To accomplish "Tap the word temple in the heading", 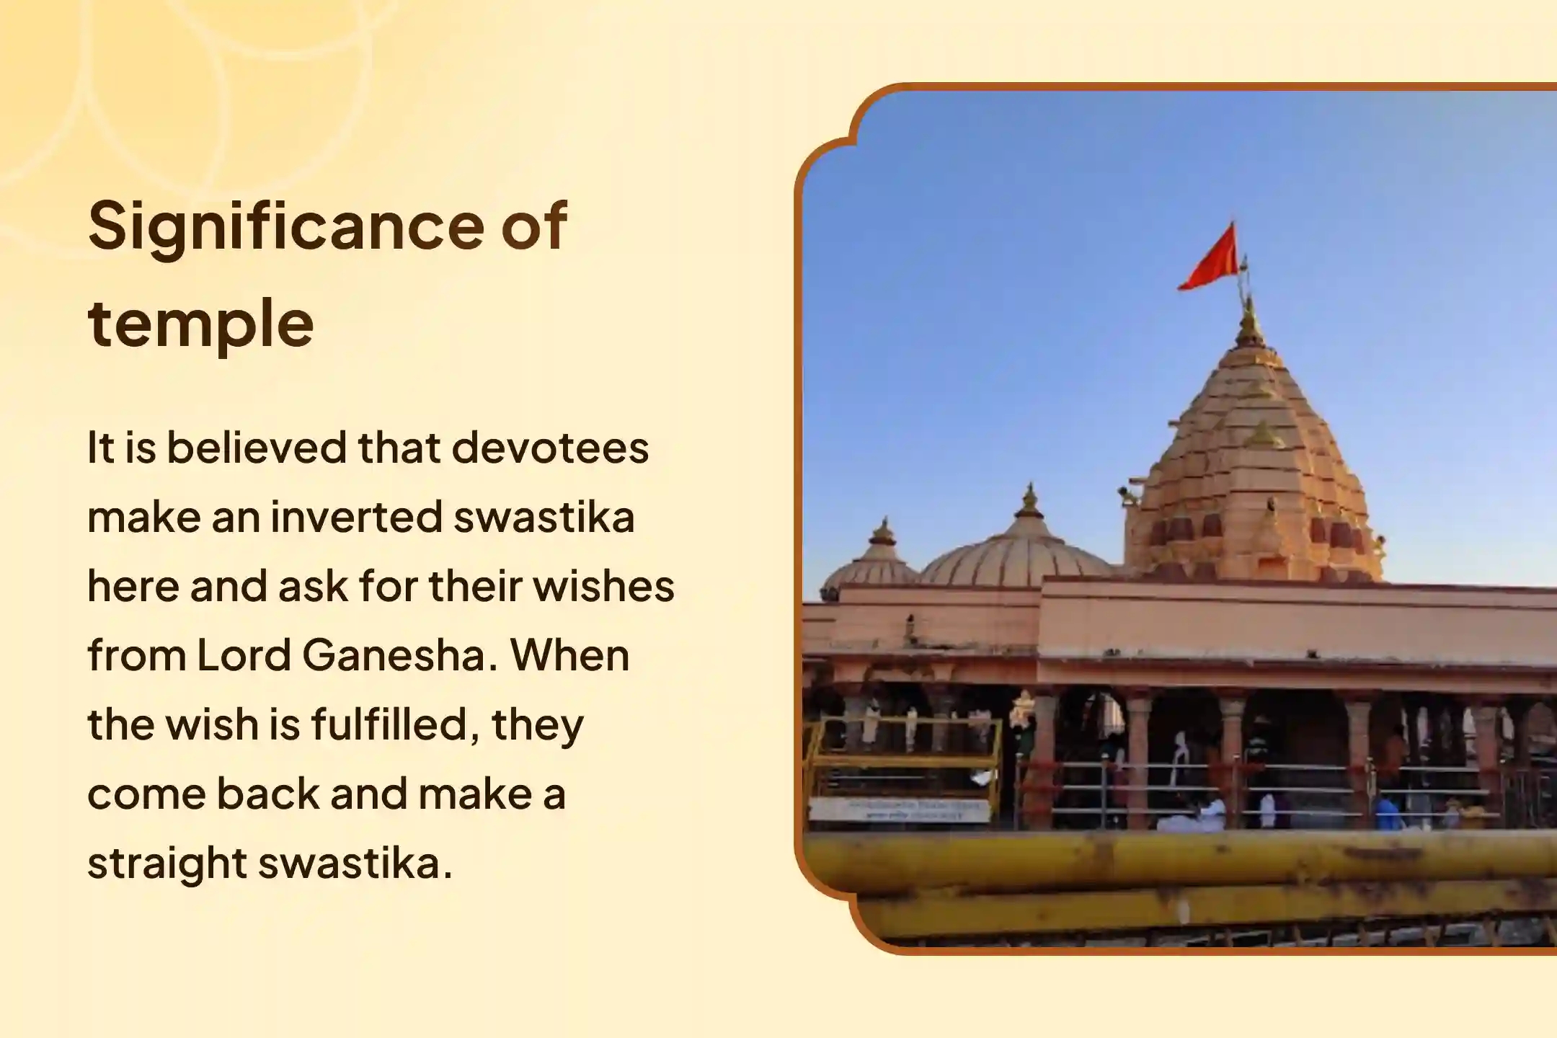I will tap(200, 322).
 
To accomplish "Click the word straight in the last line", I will tap(167, 863).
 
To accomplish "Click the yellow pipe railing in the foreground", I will tap(1182, 861).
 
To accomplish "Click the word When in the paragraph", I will tap(569, 655).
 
